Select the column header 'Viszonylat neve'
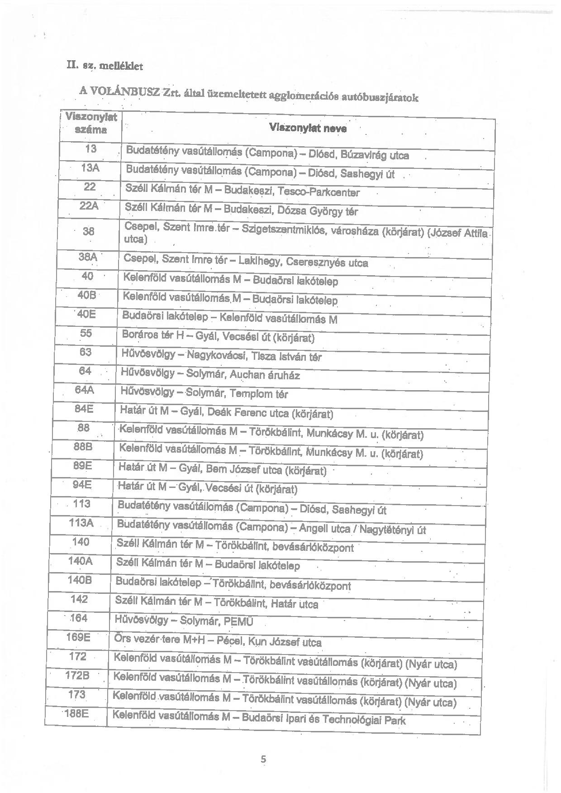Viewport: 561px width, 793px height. pyautogui.click(x=308, y=128)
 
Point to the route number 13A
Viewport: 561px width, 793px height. pyautogui.click(x=90, y=168)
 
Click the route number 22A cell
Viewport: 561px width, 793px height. pyautogui.click(x=89, y=206)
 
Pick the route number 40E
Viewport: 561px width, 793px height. pyautogui.click(x=86, y=314)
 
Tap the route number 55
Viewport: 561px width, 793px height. pyautogui.click(x=86, y=333)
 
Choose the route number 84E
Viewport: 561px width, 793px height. pyautogui.click(x=84, y=409)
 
